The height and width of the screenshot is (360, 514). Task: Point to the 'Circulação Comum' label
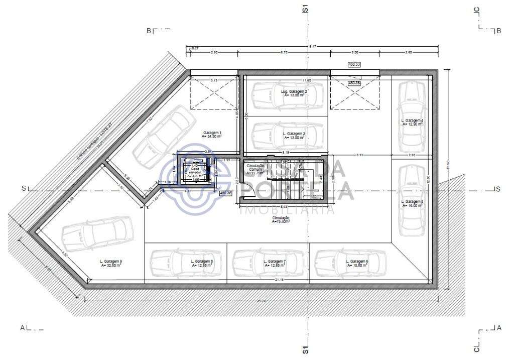pyautogui.click(x=255, y=168)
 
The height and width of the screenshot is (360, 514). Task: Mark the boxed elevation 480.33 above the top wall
pyautogui.click(x=355, y=64)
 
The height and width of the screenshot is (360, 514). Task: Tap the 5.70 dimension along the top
pyautogui.click(x=284, y=52)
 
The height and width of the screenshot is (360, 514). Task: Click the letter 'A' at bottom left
pyautogui.click(x=23, y=328)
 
